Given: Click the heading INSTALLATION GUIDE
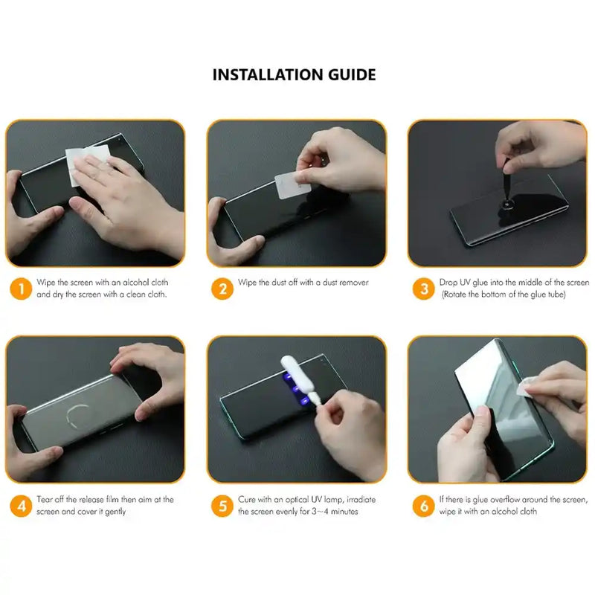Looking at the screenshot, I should [x=294, y=74].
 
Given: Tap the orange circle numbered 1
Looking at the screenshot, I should [x=21, y=288].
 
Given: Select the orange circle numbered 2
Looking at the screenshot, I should [x=222, y=288].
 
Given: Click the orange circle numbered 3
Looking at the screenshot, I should [x=424, y=288].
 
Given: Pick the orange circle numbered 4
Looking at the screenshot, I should [x=21, y=506].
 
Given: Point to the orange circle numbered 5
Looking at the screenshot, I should [x=222, y=506].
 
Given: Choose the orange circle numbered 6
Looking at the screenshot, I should [x=424, y=506].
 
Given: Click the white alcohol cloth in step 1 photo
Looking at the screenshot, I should [x=88, y=164].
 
